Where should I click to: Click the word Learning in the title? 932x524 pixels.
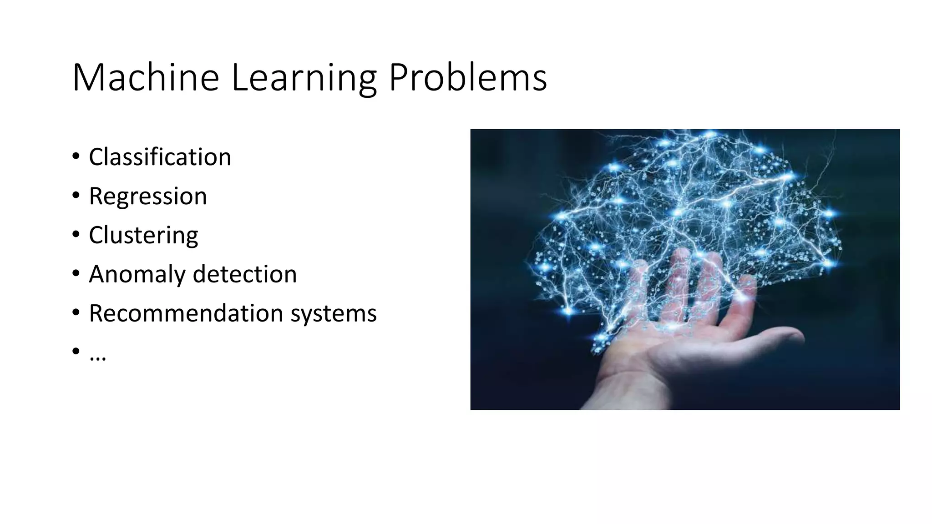coord(304,78)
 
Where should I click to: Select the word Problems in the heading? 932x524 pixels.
coord(468,78)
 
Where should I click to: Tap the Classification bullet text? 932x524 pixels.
coord(160,157)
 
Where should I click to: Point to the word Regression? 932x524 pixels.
coord(148,196)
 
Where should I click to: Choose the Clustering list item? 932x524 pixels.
coord(143,235)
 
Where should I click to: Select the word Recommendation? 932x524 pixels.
coord(186,313)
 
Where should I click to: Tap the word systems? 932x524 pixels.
coord(334,313)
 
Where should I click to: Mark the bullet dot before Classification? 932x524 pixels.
coord(76,156)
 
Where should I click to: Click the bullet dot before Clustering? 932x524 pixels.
coord(76,235)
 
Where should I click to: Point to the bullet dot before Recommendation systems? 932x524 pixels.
coord(76,313)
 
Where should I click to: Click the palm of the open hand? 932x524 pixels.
coord(683,346)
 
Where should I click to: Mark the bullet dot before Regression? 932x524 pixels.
coord(76,196)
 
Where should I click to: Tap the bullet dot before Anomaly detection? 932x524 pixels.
coord(76,274)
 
